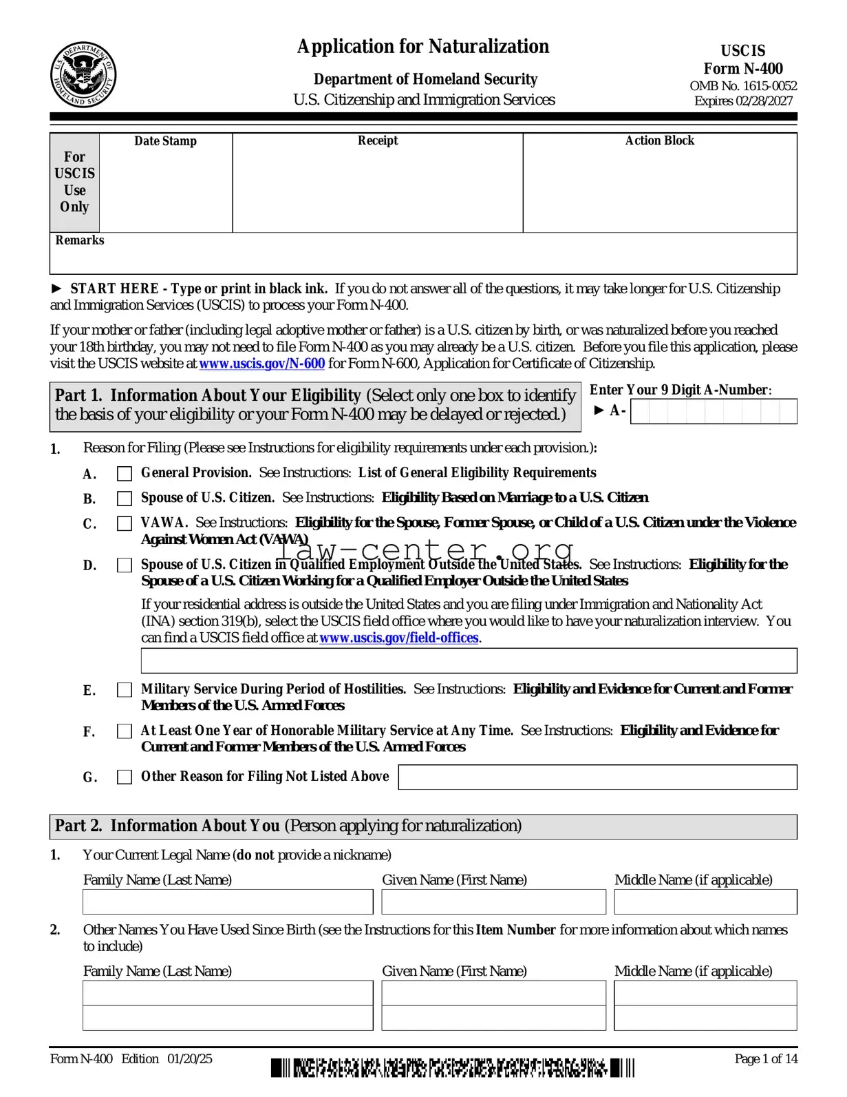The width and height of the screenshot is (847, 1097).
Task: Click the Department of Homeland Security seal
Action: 83,74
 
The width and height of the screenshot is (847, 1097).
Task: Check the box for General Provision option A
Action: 125,474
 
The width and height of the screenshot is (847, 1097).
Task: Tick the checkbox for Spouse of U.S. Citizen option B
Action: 125,499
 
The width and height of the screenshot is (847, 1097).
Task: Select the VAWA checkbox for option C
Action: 125,523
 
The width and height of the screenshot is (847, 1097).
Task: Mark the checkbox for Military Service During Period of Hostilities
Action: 125,690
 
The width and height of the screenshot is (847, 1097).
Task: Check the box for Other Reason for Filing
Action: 125,777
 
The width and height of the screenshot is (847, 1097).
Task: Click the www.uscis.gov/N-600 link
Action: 261,364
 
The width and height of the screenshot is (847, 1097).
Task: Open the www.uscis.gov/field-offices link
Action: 398,638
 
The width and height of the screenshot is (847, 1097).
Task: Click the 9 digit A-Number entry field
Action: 714,412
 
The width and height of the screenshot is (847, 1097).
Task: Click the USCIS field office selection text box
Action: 469,660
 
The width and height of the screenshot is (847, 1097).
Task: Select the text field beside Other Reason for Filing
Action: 597,777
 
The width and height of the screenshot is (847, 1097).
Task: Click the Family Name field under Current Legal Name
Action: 228,902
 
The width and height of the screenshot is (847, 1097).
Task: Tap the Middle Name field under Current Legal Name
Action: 705,902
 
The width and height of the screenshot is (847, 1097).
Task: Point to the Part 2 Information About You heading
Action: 288,826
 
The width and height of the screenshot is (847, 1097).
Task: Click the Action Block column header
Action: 659,140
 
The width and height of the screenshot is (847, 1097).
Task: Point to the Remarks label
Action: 80,240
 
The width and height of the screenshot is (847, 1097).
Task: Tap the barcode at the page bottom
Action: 452,1068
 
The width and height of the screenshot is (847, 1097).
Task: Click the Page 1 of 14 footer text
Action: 766,1059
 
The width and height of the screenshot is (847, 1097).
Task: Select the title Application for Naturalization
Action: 423,47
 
